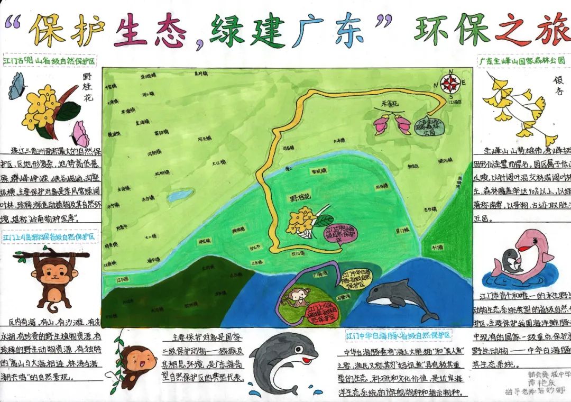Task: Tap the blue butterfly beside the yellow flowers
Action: coord(17,86)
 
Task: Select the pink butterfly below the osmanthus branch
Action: coord(80,134)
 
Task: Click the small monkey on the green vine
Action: coord(135,364)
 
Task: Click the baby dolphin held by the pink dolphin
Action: coord(511,261)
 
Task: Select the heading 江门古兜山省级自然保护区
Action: coord(50,61)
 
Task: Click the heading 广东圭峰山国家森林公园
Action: coord(521,61)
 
